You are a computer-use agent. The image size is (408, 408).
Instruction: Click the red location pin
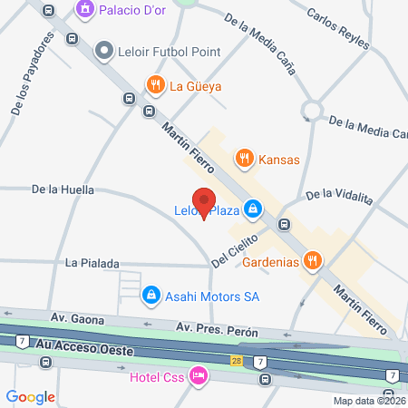[x=203, y=202]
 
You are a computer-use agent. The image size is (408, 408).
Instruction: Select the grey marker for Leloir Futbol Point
[x=104, y=52]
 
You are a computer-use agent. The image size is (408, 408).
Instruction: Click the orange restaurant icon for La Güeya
[x=156, y=86]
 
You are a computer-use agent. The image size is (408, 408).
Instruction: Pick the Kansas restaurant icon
[x=243, y=160]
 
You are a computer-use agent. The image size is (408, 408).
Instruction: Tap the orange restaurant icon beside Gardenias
[x=313, y=262]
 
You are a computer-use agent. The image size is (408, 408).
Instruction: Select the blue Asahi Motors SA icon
[x=150, y=295]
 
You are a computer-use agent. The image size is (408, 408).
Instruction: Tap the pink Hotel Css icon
[x=198, y=376]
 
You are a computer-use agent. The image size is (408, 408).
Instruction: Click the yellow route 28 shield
[x=236, y=361]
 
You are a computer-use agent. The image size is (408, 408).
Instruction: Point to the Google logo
[x=30, y=396]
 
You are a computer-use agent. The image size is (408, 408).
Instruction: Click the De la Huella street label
[x=63, y=190]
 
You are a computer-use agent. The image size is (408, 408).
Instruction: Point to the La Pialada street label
[x=92, y=263]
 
